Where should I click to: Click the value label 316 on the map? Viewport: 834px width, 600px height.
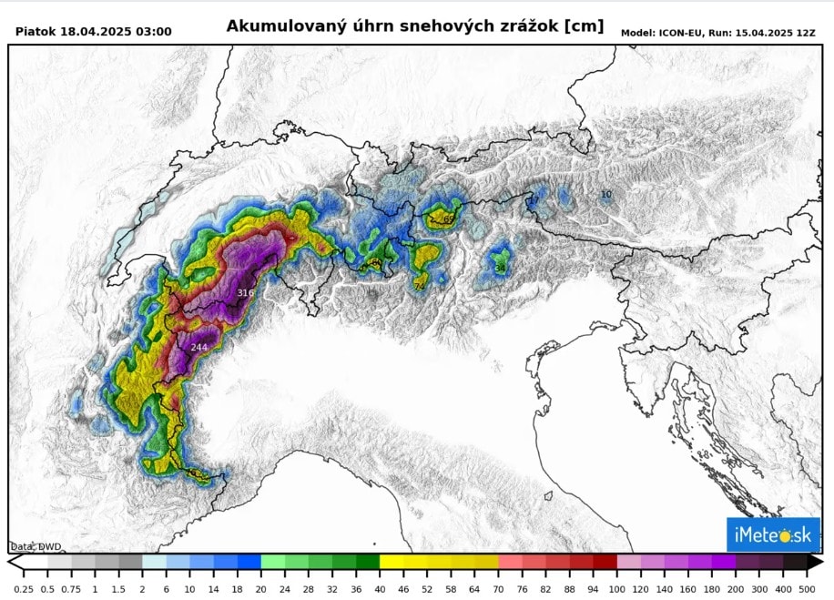point(245,292)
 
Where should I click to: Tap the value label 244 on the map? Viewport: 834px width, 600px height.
point(198,348)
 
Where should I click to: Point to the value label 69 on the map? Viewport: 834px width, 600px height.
point(448,219)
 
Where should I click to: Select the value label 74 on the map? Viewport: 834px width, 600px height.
point(419,286)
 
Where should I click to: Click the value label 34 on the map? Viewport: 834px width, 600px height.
point(499,268)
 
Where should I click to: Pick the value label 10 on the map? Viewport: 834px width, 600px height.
point(606,195)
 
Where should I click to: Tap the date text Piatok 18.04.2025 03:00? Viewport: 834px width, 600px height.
point(93,32)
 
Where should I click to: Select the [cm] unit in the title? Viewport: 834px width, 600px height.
point(584,26)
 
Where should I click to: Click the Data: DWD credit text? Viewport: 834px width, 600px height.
point(36,546)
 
